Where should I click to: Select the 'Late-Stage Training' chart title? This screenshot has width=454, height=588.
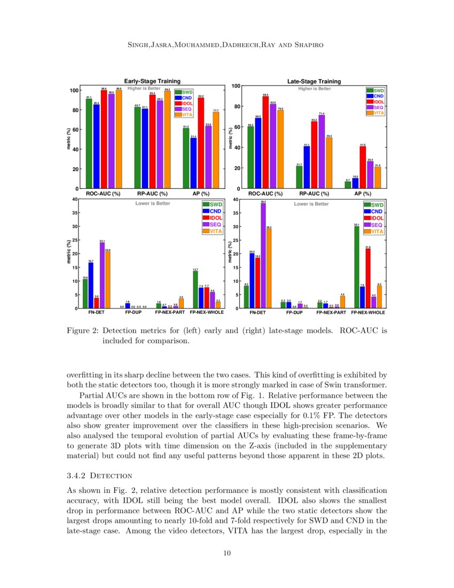[x=314, y=81]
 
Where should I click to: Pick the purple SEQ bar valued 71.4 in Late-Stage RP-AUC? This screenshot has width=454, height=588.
[x=322, y=152]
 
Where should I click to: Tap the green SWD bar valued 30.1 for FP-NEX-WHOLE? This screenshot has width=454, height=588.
[x=356, y=267]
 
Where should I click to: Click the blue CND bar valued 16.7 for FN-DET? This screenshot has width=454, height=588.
[x=91, y=285]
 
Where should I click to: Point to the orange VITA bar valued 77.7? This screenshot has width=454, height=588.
[x=216, y=150]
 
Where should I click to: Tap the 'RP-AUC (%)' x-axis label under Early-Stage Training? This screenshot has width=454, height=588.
[x=149, y=194]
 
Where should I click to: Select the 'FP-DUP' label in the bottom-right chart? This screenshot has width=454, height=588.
[x=294, y=312]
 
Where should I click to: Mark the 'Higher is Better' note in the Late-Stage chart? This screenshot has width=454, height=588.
[x=314, y=89]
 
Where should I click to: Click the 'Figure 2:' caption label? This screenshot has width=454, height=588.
[x=82, y=330]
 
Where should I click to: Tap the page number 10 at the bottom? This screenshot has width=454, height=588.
[x=226, y=553]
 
